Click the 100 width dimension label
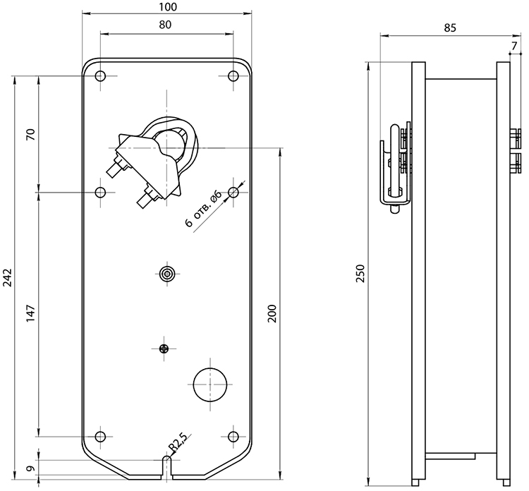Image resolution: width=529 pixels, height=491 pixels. click(x=167, y=7)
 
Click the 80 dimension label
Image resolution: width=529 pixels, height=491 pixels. click(x=165, y=25)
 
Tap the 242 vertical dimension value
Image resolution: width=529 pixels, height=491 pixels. click(x=8, y=278)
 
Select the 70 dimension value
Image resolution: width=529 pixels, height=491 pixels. click(x=31, y=134)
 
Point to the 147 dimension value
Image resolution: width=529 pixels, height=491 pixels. click(x=31, y=313)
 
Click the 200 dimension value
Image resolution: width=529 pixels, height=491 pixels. click(x=272, y=313)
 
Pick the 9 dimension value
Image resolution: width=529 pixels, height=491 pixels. click(x=31, y=468)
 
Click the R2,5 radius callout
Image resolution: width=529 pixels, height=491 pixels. click(x=178, y=443)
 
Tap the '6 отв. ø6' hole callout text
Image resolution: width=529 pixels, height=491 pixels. click(x=204, y=209)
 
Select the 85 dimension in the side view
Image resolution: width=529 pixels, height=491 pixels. click(x=450, y=28)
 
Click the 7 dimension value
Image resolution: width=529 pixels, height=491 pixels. click(x=514, y=46)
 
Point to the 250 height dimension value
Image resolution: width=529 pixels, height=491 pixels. click(x=360, y=274)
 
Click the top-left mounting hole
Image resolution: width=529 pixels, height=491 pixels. click(x=100, y=76)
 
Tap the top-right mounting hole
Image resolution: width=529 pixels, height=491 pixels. click(x=233, y=76)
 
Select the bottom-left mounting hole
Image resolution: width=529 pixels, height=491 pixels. click(x=100, y=437)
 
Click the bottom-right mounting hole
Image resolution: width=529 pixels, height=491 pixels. click(x=233, y=437)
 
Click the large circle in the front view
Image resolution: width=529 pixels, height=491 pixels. click(x=210, y=368)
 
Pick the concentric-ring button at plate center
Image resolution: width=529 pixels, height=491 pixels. click(x=167, y=273)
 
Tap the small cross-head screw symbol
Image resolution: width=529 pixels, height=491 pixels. click(x=164, y=348)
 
